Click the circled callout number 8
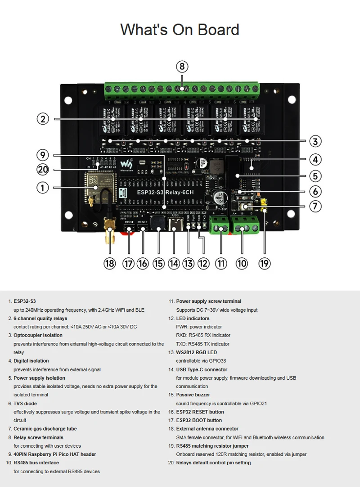(181, 67)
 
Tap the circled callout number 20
(42, 170)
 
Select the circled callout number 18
(109, 263)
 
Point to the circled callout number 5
(315, 175)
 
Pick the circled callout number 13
(188, 263)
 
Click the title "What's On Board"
(180, 30)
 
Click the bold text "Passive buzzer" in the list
(193, 395)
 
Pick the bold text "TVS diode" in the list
(25, 404)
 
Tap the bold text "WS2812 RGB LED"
(196, 352)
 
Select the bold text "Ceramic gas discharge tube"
(45, 429)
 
